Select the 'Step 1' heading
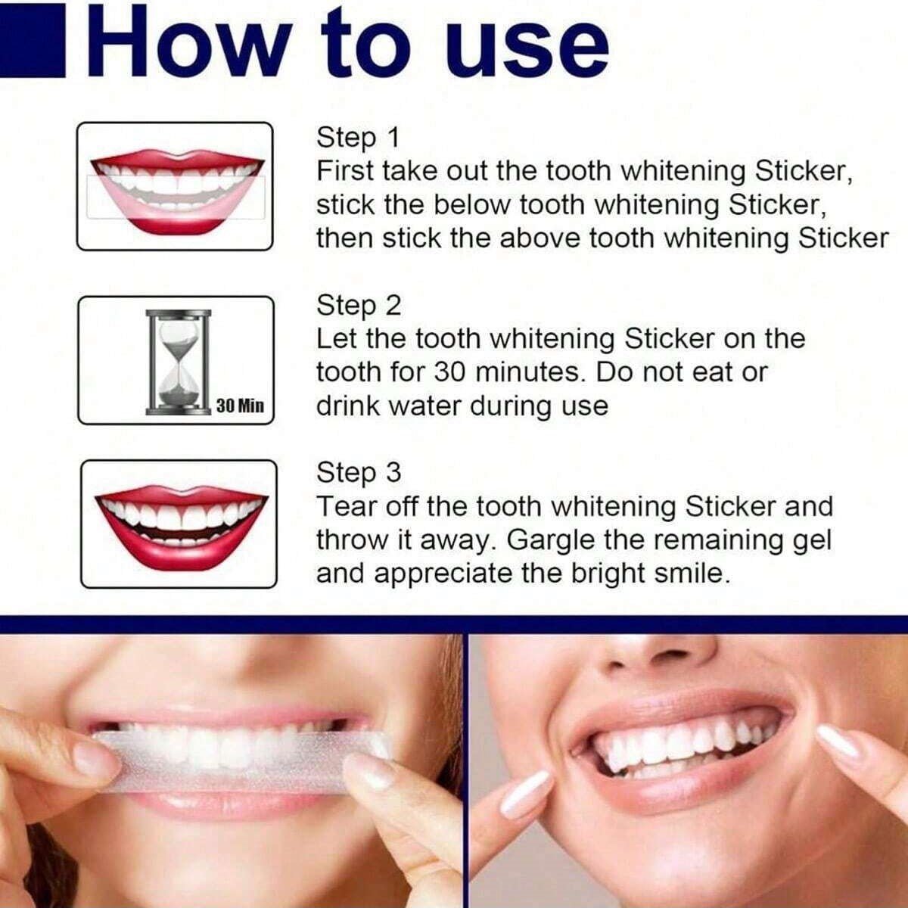coord(358,138)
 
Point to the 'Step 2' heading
coord(359,306)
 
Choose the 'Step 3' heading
coord(359,473)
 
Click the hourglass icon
coord(178,362)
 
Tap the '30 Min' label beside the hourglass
coord(241,406)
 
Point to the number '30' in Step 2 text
coord(450,372)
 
